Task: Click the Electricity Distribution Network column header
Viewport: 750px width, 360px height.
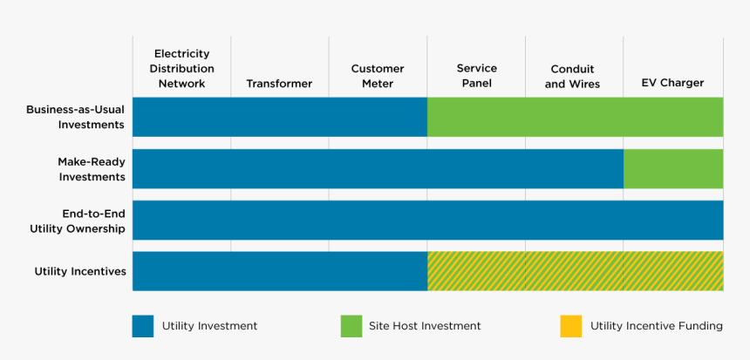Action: point(181,69)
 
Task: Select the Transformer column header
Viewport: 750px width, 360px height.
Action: point(279,84)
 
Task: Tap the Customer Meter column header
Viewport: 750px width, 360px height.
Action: point(378,76)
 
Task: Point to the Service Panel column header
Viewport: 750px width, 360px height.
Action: point(476,76)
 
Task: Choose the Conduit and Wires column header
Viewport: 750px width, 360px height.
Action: point(573,77)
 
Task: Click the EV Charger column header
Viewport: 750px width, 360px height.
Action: point(672,84)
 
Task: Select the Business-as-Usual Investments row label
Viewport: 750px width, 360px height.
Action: point(75,117)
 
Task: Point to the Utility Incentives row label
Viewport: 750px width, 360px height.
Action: point(80,272)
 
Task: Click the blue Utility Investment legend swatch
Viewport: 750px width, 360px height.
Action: point(143,326)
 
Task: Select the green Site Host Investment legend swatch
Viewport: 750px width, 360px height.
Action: point(351,326)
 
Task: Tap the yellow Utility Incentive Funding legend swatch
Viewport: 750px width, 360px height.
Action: point(570,326)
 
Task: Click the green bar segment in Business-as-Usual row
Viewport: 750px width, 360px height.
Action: point(575,117)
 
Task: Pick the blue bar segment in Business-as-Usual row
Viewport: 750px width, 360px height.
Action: point(279,117)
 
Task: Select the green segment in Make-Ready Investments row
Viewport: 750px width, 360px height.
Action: point(672,168)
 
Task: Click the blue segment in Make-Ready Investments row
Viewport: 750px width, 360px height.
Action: point(378,168)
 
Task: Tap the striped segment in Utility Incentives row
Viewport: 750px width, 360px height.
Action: point(575,271)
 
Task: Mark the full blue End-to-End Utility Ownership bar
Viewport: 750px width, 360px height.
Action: point(427,220)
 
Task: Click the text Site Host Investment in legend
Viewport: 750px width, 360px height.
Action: point(425,326)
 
